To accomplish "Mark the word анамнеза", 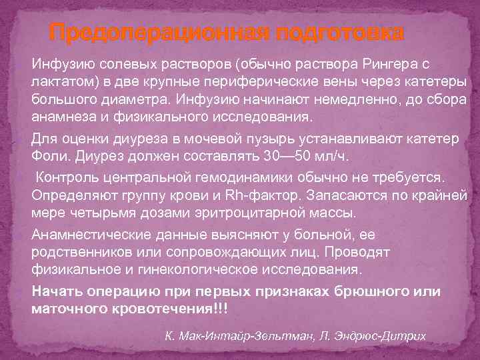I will point(61,116).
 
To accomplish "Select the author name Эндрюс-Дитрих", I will point(379,335).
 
